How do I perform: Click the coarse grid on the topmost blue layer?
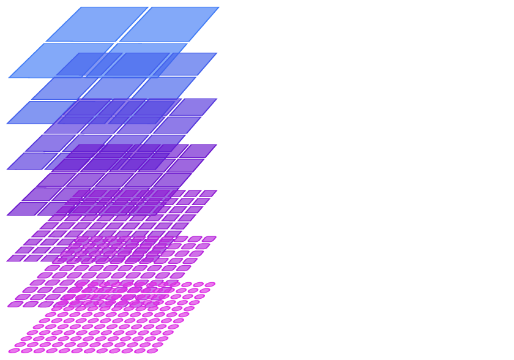(x=116, y=66)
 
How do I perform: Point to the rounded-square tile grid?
(x=113, y=249)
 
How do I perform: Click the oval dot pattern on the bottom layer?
(x=116, y=294)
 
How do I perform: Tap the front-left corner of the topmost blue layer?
(x=9, y=78)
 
